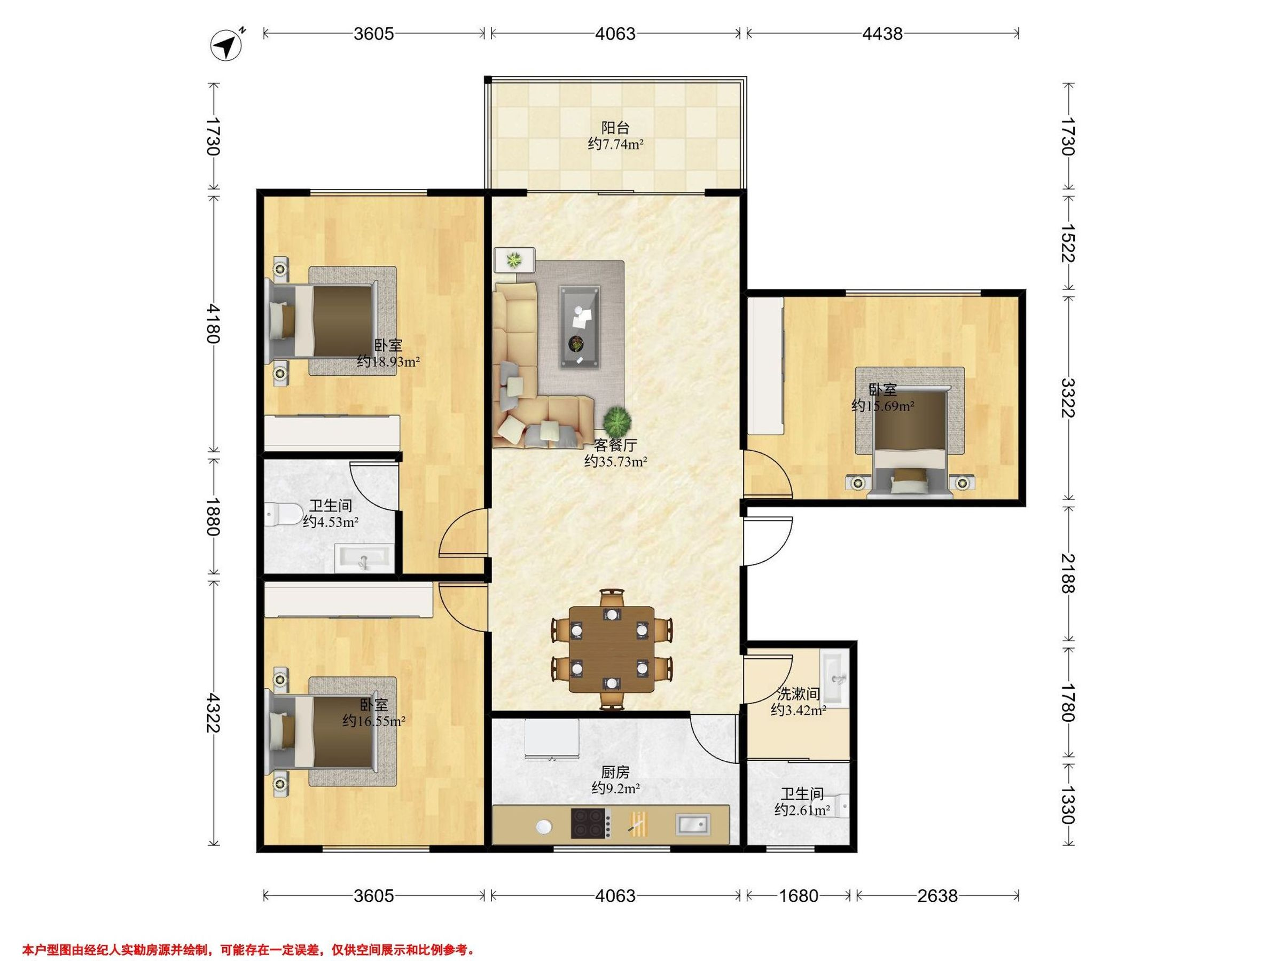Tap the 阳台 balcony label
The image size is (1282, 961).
615,128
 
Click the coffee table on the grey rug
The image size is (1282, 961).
580,327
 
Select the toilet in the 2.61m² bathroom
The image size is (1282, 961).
841,806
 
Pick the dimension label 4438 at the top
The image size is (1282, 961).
882,34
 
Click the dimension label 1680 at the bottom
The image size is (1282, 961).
798,896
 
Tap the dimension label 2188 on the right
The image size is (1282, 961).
1068,573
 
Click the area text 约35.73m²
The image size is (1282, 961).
615,462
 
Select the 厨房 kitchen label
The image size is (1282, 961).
615,772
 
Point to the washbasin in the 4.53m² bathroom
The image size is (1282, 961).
364,558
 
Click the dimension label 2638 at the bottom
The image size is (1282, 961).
937,896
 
